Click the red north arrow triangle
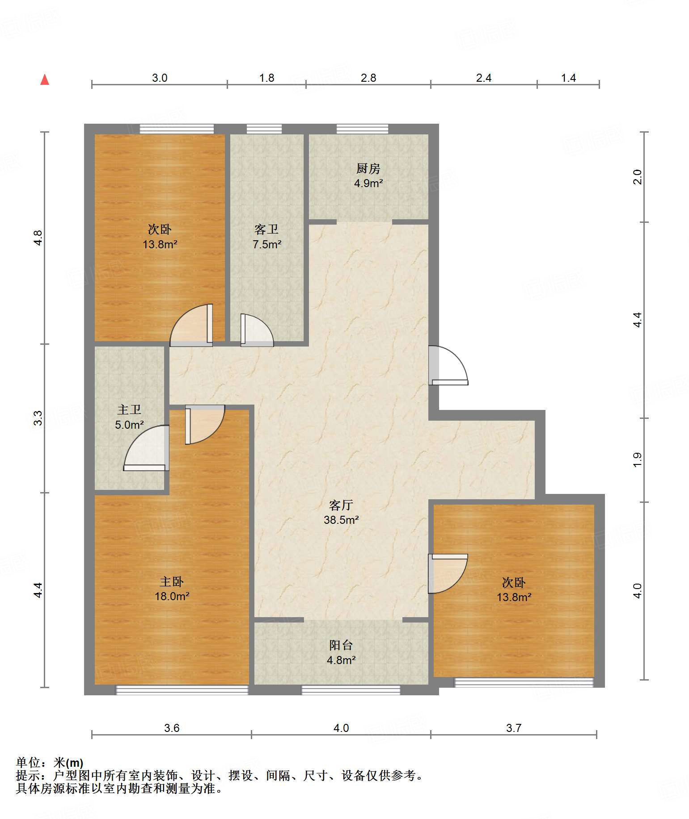coord(45,79)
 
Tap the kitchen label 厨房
coord(368,168)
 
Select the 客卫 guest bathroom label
coord(266,230)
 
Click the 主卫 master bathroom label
coord(129,409)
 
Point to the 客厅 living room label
coord(341,505)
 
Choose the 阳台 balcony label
coord(341,645)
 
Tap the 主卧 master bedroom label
coord(172,581)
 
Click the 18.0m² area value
coord(172,596)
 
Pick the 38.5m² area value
coord(341,520)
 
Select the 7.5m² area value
coord(267,244)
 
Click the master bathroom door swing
coord(147,448)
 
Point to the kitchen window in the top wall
coord(362,129)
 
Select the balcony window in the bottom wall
coord(351,690)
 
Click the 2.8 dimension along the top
coord(368,78)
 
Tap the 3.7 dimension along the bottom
coord(514,728)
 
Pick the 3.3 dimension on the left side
coord(38,418)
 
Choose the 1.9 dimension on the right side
coord(637,460)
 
